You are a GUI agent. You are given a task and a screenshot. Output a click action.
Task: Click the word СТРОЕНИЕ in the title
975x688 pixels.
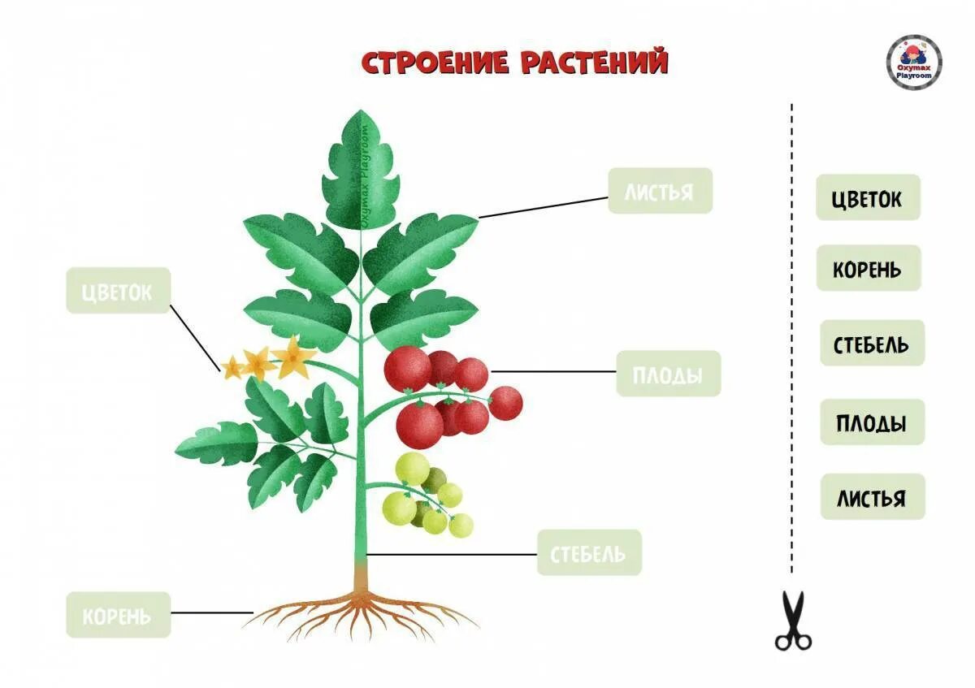435,63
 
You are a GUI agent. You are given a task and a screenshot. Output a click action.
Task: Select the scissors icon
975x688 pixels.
793,621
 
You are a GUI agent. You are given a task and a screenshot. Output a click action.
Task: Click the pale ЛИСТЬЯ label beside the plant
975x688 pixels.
660,192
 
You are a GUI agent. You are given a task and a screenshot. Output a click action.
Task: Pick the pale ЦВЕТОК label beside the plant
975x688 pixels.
118,291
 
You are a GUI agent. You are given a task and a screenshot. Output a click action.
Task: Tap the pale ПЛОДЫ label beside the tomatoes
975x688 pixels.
668,374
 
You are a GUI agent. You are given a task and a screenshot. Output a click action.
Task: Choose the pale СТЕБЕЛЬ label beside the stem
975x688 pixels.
589,553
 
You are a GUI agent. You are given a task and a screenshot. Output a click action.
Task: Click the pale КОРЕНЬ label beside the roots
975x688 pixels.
118,615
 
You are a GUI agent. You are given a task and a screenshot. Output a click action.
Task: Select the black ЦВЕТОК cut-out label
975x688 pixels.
868,197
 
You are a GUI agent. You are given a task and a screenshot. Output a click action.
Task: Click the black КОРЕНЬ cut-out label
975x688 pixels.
868,269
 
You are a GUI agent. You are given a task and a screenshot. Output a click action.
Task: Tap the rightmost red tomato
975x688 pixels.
505,403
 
